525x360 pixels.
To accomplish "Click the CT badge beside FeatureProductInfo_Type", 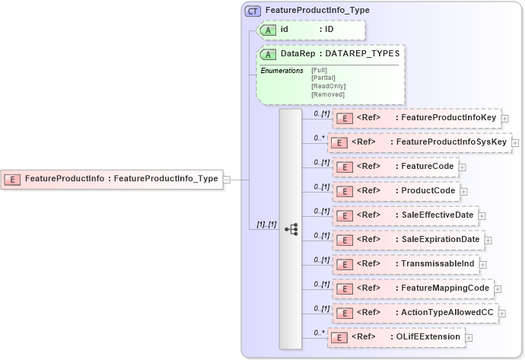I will tap(253, 11).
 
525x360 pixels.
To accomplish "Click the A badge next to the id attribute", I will tap(269, 30).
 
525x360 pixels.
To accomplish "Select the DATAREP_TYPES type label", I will tap(362, 54).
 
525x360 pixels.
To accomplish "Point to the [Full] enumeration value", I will tap(319, 70).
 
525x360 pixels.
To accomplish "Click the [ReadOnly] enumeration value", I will tap(327, 86).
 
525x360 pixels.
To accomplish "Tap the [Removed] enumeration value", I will tap(328, 94).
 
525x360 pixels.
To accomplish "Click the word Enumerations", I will tap(282, 71).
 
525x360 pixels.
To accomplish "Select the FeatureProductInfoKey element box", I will tap(416, 119).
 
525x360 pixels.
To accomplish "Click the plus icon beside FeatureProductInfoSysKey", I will tap(516, 142).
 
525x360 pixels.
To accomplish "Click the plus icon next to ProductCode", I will tap(463, 191).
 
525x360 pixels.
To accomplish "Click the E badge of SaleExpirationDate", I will tap(344, 240).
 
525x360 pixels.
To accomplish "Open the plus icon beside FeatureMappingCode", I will tap(498, 288).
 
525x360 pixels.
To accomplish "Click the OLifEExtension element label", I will tap(426, 336).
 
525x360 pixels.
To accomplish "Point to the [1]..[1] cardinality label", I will tap(261, 225).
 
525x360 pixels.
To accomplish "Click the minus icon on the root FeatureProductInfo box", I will tap(227, 180).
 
